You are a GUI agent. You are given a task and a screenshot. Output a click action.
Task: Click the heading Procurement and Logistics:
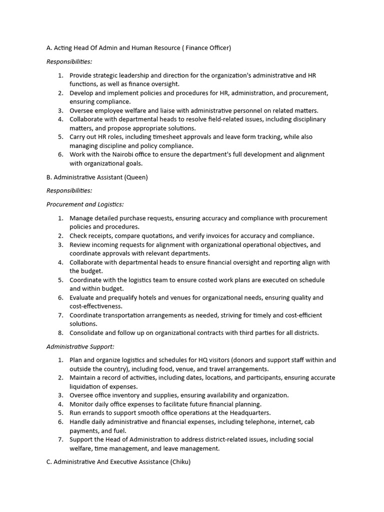tap(85, 204)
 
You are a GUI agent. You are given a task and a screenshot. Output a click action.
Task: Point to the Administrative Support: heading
tap(80, 346)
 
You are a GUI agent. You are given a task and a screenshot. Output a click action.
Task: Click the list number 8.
tap(60, 332)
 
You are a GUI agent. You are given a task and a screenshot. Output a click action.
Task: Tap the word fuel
tap(119, 430)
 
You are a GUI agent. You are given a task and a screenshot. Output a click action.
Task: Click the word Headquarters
tap(248, 412)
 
